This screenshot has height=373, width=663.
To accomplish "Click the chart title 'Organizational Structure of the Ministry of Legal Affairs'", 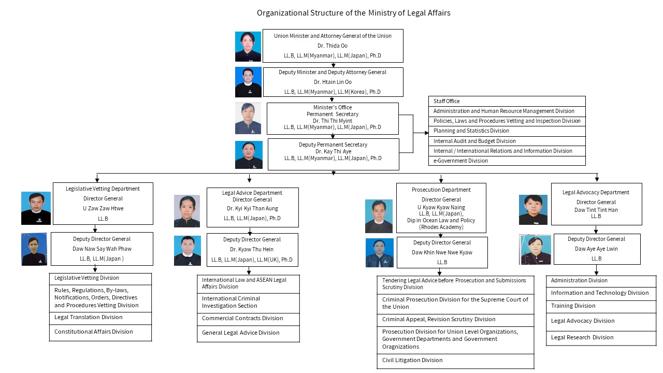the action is click(353, 13).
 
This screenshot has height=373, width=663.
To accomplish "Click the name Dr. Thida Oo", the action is click(333, 46).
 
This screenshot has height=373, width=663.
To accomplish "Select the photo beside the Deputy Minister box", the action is click(248, 82).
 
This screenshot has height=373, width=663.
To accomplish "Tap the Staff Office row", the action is click(507, 101).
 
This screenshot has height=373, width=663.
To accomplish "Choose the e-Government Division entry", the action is click(507, 161).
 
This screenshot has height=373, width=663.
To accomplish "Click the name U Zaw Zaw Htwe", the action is click(103, 208).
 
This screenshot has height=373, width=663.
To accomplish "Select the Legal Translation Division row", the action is click(100, 318).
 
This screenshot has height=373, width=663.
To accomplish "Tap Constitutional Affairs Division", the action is click(100, 333).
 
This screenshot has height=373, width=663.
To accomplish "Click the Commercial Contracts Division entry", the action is click(248, 319).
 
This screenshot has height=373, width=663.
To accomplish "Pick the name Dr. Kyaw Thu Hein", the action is click(252, 249).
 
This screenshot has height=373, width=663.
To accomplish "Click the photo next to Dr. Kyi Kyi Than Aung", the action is click(187, 211).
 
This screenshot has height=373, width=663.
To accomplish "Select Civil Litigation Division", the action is click(455, 361).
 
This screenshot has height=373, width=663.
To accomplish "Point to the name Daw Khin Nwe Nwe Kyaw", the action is click(442, 252).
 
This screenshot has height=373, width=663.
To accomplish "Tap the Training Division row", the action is click(601, 306).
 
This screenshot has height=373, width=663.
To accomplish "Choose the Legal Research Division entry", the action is click(601, 338).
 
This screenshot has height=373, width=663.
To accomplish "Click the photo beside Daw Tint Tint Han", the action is click(533, 210).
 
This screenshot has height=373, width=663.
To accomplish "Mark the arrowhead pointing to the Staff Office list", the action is click(426, 133).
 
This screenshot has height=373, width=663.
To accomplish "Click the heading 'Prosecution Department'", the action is click(441, 190).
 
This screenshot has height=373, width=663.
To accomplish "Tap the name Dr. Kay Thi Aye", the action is click(333, 151).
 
